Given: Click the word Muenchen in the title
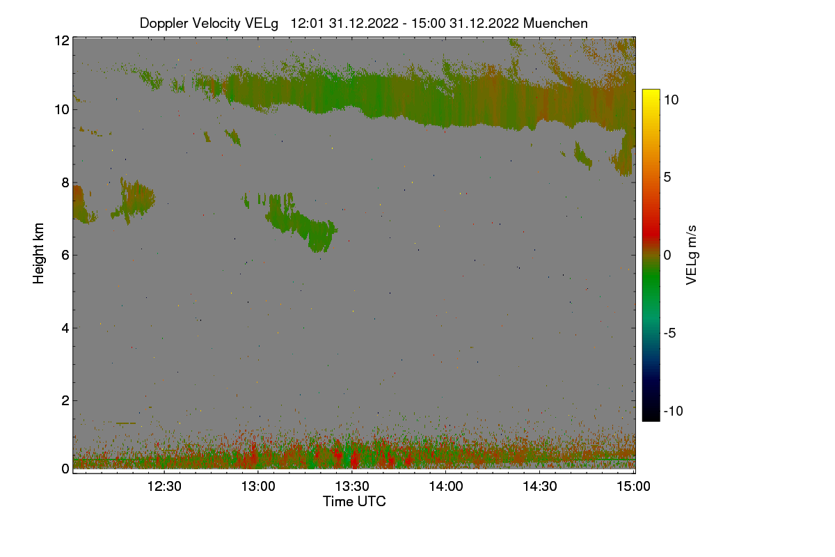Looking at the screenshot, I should click(555, 23).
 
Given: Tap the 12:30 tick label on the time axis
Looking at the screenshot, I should click(165, 486).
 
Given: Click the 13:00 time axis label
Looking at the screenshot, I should click(259, 486).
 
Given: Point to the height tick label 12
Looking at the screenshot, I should click(61, 40).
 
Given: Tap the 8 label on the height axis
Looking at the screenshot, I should click(65, 182).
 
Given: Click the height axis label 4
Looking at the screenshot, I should click(65, 328).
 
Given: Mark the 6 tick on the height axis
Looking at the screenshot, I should click(65, 255).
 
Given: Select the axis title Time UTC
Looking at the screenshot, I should click(354, 501).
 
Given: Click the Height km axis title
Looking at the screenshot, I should click(39, 253).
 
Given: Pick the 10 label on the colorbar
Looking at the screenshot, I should click(671, 100).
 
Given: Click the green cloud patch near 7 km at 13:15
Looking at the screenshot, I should click(306, 226).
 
